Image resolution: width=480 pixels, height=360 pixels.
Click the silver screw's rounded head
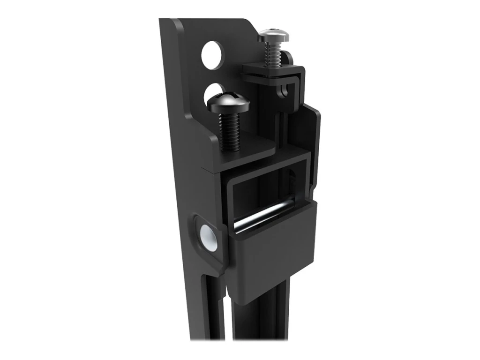pyautogui.click(x=273, y=35)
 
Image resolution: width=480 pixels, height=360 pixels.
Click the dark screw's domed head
pyautogui.click(x=228, y=102)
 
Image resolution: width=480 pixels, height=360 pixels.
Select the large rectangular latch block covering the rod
pyautogui.click(x=272, y=248)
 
